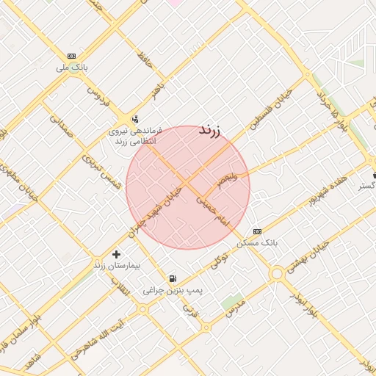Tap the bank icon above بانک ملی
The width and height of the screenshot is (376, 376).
coord(71,56)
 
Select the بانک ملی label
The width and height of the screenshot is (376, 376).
coord(72,67)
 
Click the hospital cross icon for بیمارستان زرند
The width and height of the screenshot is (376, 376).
coord(117,254)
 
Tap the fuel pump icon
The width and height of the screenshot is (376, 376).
coord(173,278)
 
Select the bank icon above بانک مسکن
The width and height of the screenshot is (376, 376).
coord(256,231)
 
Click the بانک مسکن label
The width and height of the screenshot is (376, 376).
coord(257,242)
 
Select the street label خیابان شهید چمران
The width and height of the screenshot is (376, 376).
coord(159,206)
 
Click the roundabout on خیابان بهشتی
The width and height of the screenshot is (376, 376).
coord(277,274)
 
